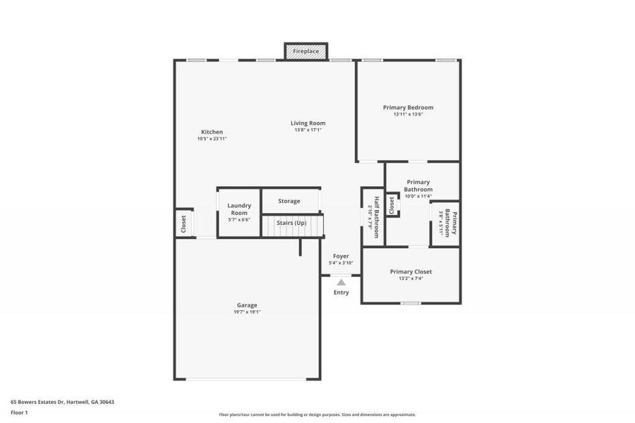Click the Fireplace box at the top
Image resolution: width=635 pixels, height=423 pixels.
coord(306,51)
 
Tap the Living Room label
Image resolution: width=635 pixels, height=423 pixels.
coord(308,123)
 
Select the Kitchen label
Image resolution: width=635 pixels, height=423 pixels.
coord(212,132)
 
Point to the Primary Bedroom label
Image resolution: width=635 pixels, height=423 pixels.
coord(408,108)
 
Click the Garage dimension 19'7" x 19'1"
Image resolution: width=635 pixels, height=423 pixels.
coord(247,312)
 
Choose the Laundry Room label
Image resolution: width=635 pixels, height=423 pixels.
coord(239,209)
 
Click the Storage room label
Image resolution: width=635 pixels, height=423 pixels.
coord(289,201)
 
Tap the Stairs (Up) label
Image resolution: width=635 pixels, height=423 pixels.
coord(291,223)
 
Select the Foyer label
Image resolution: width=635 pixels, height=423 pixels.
coord(341,257)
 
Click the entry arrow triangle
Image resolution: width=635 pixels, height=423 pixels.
coord(341,282)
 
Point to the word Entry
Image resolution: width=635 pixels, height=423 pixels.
coord(341,293)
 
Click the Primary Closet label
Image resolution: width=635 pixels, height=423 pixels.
coord(411,271)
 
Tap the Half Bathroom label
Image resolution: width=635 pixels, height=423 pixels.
coord(376,217)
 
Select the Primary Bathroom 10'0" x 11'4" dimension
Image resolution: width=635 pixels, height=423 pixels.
coord(418,197)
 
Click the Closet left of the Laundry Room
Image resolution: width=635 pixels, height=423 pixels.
coord(183,223)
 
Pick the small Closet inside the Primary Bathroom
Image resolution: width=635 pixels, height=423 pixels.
coord(392,204)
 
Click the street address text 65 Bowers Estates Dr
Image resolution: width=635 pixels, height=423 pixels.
coord(62,402)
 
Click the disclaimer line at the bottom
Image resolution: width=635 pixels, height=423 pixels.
coord(317,415)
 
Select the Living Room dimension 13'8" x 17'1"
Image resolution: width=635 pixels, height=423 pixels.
coord(308,130)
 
